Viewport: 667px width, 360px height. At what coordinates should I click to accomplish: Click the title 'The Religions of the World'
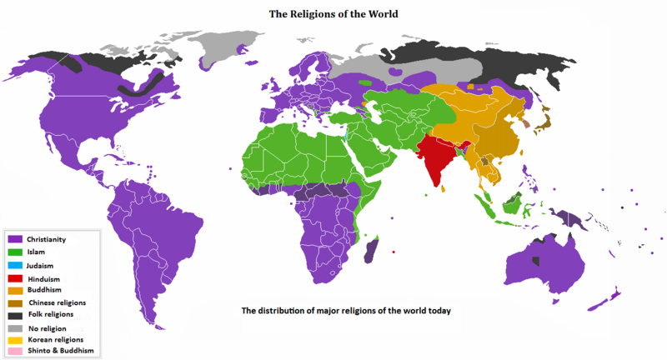coord(333,14)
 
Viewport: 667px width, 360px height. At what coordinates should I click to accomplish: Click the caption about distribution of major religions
coord(346,311)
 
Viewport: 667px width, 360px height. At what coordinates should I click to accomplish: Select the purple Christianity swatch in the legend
coord(15,239)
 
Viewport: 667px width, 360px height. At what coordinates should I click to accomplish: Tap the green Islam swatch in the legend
coord(15,252)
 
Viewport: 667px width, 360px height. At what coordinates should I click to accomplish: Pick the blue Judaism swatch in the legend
coord(15,264)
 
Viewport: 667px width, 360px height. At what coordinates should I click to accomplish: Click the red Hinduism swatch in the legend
coord(15,278)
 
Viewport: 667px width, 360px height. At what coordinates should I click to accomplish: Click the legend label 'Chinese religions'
coord(58,302)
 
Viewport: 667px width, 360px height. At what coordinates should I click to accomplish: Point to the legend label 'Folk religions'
coord(50,314)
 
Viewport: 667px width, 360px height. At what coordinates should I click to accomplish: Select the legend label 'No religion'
coord(47,327)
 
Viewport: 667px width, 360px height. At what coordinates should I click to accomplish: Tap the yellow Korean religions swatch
coord(15,340)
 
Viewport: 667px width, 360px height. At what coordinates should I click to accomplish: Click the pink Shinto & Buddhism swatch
coord(15,352)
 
